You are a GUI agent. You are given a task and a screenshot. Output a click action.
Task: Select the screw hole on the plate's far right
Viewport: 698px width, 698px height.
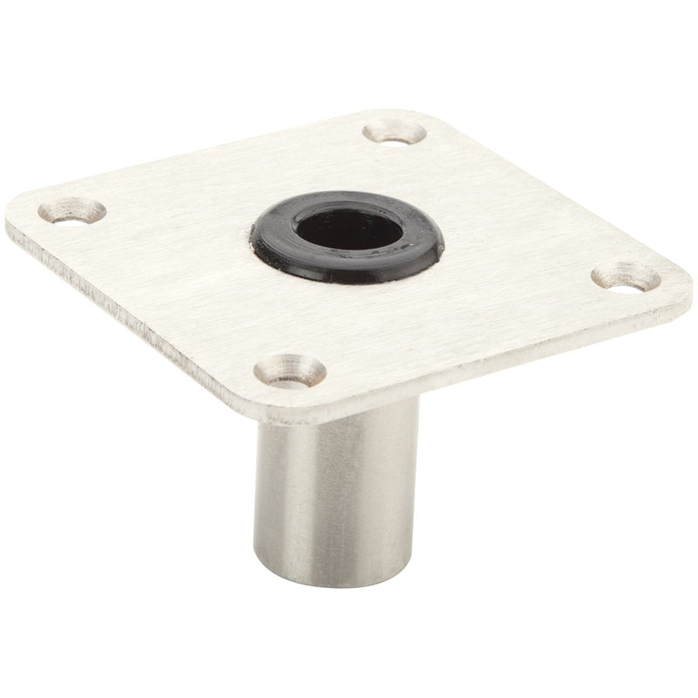click(625, 277)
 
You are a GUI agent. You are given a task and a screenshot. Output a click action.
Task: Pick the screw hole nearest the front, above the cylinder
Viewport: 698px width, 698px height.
click(290, 370)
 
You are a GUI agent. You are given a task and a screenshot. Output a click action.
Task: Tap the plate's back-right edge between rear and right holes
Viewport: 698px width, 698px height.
click(558, 192)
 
